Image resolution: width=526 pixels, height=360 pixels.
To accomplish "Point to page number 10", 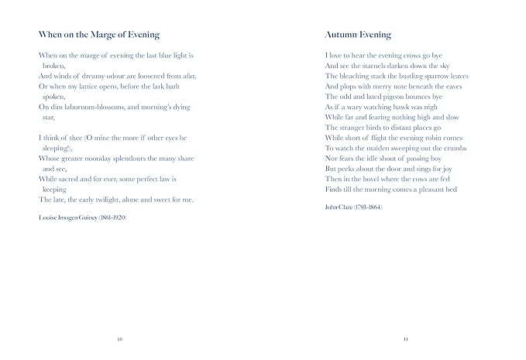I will [x=119, y=338].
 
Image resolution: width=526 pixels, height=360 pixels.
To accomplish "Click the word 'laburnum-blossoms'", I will [x=92, y=107].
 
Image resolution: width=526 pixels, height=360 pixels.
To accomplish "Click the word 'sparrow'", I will [x=437, y=77].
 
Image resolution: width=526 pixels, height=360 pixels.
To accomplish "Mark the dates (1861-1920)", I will [x=112, y=218].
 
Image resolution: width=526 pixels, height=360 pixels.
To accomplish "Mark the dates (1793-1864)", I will [x=370, y=208].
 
